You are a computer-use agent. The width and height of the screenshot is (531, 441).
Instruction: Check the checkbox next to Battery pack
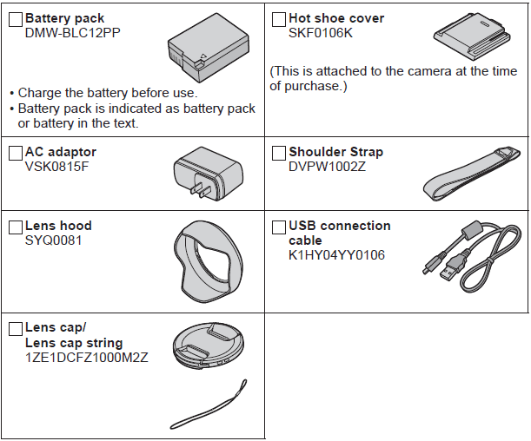pyautogui.click(x=16, y=19)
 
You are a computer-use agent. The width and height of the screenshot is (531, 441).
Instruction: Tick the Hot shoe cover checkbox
pyautogui.click(x=279, y=19)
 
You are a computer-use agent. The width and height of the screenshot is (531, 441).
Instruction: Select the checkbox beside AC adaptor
pyautogui.click(x=16, y=153)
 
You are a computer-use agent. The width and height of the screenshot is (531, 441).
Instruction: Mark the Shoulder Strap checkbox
pyautogui.click(x=279, y=153)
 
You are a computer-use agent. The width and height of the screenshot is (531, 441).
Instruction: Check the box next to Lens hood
pyautogui.click(x=16, y=227)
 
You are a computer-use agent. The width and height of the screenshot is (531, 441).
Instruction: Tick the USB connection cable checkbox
pyautogui.click(x=279, y=227)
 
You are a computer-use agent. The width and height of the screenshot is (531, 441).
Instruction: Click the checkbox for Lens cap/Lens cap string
pyautogui.click(x=16, y=328)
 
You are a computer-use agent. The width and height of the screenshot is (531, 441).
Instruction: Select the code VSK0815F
pyautogui.click(x=57, y=167)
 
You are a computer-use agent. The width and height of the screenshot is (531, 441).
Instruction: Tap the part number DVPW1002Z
pyautogui.click(x=328, y=167)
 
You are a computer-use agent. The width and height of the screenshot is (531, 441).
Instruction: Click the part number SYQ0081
pyautogui.click(x=53, y=240)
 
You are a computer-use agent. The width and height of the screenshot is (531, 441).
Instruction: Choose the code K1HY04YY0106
pyautogui.click(x=336, y=255)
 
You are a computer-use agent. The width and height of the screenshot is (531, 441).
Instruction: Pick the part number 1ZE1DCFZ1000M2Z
pyautogui.click(x=87, y=357)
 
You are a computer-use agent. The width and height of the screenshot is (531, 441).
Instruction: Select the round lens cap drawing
pyautogui.click(x=207, y=346)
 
